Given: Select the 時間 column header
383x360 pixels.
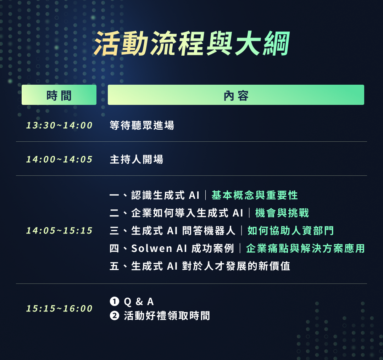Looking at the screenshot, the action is pyautogui.click(x=59, y=95).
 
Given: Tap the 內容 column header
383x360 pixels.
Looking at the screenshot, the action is pyautogui.click(x=236, y=95).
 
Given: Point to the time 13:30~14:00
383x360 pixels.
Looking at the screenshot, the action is pyautogui.click(x=59, y=125).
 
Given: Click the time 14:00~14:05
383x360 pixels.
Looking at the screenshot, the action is pyautogui.click(x=59, y=159).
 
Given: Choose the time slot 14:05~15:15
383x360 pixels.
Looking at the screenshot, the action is pyautogui.click(x=59, y=231).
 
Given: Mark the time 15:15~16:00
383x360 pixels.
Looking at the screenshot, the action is pyautogui.click(x=59, y=309).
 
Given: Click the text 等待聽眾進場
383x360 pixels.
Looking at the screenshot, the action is pyautogui.click(x=142, y=125).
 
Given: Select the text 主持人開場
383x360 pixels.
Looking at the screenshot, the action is pyautogui.click(x=136, y=159).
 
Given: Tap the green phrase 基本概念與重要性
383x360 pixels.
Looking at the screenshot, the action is pyautogui.click(x=255, y=195).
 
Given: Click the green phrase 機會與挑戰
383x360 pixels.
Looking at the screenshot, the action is pyautogui.click(x=282, y=213).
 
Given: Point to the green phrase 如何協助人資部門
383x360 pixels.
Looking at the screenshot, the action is pyautogui.click(x=290, y=231).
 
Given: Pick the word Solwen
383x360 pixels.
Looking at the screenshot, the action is pyautogui.click(x=152, y=248).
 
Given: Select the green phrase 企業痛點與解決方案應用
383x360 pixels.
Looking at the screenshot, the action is pyautogui.click(x=305, y=248).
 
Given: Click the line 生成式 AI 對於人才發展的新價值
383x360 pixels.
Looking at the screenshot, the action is pyautogui.click(x=211, y=266).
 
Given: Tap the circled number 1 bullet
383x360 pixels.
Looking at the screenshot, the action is pyautogui.click(x=114, y=302).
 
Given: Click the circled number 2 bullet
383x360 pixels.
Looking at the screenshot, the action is pyautogui.click(x=114, y=316).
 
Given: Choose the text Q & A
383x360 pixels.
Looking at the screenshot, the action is pyautogui.click(x=139, y=302).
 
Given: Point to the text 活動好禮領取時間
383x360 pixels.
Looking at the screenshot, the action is pyautogui.click(x=167, y=316).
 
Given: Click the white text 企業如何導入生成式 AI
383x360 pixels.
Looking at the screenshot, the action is pyautogui.click(x=187, y=213).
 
